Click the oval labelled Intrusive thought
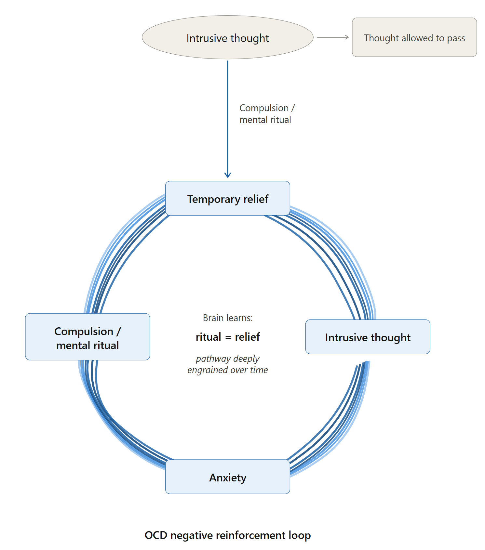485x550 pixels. click(228, 38)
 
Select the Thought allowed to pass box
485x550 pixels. click(414, 37)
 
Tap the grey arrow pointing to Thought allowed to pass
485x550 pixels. click(332, 37)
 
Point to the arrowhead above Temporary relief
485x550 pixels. click(228, 175)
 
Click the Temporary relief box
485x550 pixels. click(228, 198)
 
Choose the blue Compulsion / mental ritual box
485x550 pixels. click(88, 337)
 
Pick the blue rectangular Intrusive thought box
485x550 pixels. click(368, 337)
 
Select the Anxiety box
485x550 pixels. click(228, 477)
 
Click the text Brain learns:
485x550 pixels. click(228, 318)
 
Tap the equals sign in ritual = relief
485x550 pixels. click(228, 337)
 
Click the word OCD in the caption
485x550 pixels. click(156, 535)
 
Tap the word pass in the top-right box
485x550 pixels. click(456, 38)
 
